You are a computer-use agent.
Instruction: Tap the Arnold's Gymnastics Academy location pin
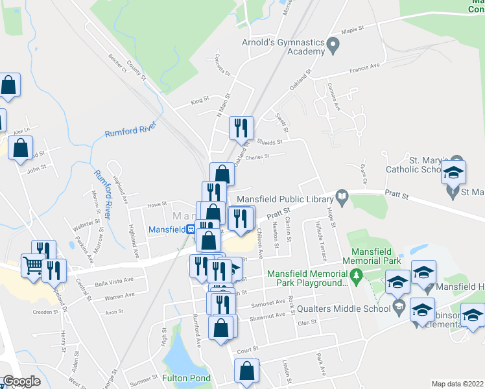click(333, 46)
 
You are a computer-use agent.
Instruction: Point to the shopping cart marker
click(33, 265)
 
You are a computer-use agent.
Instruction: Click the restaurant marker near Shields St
click(242, 128)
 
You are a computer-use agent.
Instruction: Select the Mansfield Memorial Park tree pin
click(355, 277)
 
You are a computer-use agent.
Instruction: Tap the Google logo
click(21, 381)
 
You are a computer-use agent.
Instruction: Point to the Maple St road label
click(353, 29)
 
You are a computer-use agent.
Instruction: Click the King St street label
click(200, 101)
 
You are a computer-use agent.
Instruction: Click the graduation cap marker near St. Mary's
click(454, 174)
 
